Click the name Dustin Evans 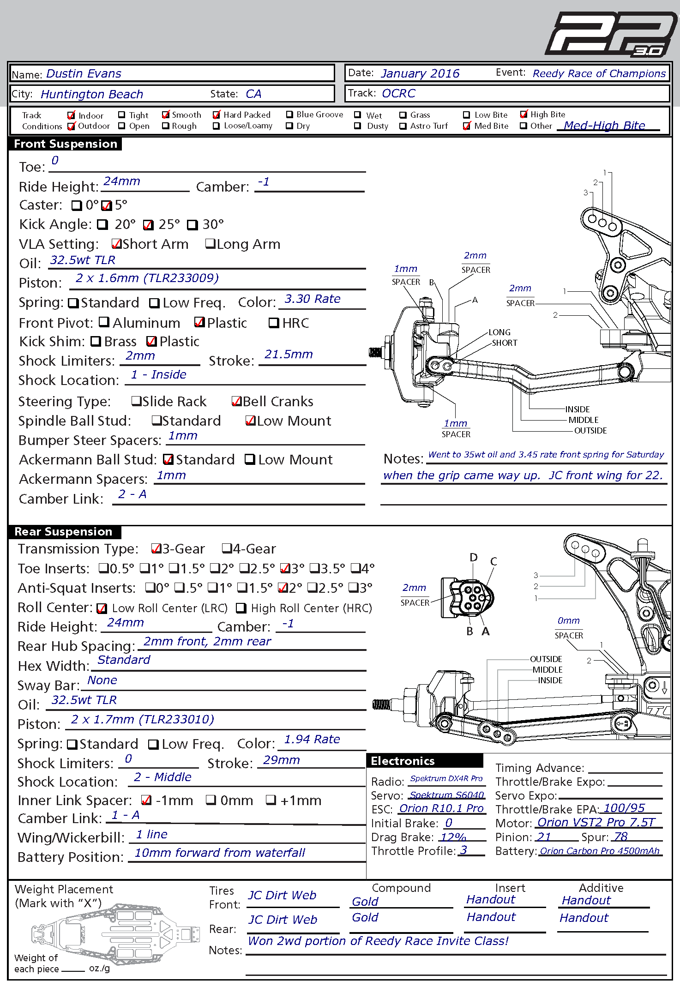[x=84, y=74]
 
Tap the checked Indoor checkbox [x=72, y=115]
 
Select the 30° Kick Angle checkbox [x=192, y=225]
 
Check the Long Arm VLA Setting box [x=211, y=244]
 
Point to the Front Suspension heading [x=66, y=144]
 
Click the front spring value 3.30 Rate [x=313, y=299]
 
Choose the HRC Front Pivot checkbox [x=274, y=323]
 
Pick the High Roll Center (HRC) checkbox [x=241, y=608]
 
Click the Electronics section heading [x=403, y=761]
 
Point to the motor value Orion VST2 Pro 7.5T [x=596, y=822]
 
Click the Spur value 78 [x=621, y=837]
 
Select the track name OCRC [x=398, y=93]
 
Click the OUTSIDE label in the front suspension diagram [x=590, y=431]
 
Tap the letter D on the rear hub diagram [x=474, y=557]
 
